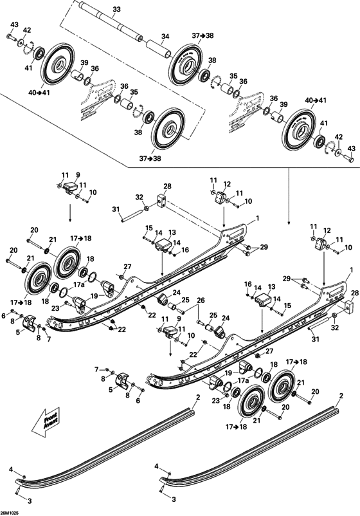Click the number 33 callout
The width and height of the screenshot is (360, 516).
pyautogui.click(x=116, y=9)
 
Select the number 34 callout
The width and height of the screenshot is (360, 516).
pyautogui.click(x=165, y=36)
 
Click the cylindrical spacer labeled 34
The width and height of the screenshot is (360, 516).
pyautogui.click(x=156, y=49)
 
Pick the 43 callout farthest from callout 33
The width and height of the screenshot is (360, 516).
pyautogui.click(x=351, y=149)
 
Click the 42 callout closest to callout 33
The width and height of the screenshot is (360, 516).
pyautogui.click(x=27, y=30)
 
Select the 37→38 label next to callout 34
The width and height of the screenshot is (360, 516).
pyautogui.click(x=201, y=36)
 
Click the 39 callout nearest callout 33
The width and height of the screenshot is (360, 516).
pyautogui.click(x=84, y=62)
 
